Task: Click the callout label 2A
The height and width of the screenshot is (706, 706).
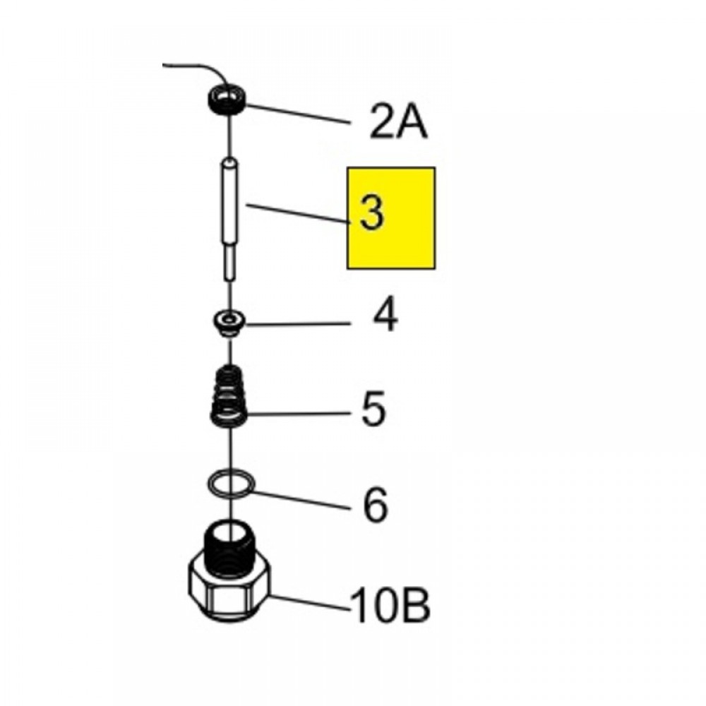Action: [x=398, y=121]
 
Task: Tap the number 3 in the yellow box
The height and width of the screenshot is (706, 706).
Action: [x=372, y=213]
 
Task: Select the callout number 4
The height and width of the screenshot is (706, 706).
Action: [x=385, y=314]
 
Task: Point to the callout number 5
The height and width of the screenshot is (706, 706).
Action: [x=373, y=408]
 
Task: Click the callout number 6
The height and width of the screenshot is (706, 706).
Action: [x=375, y=504]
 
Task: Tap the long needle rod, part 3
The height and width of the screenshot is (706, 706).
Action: [x=229, y=220]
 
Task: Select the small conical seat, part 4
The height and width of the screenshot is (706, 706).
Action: [x=229, y=323]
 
